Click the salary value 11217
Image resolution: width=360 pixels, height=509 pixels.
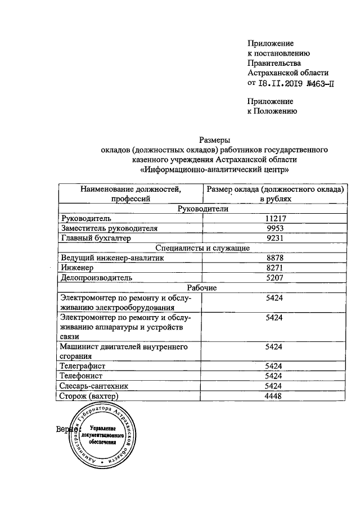tap(273, 218)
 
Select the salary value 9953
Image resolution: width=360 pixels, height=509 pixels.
tap(273, 228)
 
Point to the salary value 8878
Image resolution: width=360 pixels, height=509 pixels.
tap(273, 258)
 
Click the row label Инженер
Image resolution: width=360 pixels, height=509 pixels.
tap(77, 268)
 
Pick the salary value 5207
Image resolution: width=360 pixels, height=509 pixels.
tap(273, 278)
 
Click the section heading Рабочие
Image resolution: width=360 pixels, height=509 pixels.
tap(201, 288)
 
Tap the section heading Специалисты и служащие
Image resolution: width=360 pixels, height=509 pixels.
tap(201, 248)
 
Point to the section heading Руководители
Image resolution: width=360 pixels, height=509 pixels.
tap(201, 209)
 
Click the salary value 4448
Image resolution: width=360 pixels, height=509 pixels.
tap(273, 397)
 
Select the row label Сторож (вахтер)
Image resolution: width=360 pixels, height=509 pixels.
tap(89, 397)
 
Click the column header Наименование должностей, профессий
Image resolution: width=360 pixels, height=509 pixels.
tap(130, 194)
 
